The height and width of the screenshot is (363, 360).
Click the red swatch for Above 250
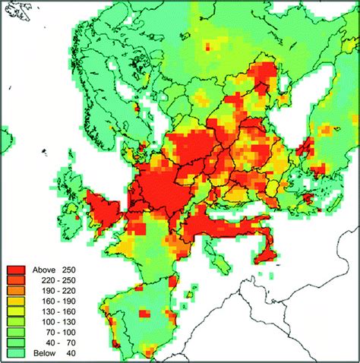tap(18, 269)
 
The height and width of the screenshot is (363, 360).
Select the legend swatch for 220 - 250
tap(18, 279)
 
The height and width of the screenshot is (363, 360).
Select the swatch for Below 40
tap(18, 354)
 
